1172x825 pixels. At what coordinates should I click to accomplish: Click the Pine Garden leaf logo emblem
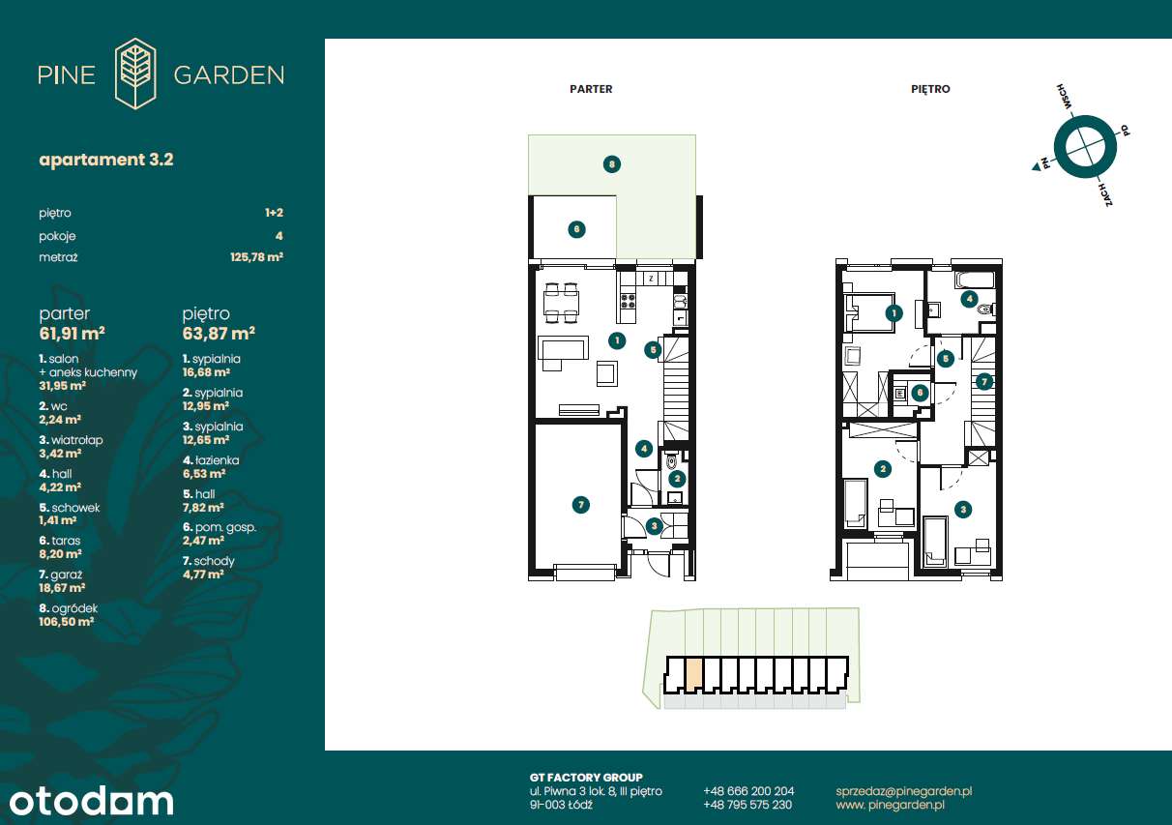[135, 74]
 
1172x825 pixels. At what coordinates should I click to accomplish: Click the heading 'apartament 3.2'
[106, 160]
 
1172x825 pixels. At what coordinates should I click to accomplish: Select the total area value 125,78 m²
[256, 257]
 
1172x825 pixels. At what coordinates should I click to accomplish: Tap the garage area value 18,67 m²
[62, 588]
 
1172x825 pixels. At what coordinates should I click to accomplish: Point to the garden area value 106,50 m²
[66, 622]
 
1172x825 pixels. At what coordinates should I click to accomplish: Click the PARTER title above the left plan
[591, 89]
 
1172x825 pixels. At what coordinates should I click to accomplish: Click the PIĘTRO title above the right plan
[930, 89]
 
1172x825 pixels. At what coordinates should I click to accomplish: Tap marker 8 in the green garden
[612, 164]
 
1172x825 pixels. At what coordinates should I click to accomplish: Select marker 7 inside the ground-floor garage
[581, 505]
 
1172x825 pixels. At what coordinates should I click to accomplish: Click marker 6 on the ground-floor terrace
[576, 229]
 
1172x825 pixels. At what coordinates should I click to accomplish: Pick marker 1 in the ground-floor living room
[617, 341]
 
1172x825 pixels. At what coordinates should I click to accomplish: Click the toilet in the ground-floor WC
[672, 461]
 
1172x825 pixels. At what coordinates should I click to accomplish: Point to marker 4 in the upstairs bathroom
[969, 299]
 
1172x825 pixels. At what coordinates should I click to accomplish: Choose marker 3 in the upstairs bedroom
[963, 509]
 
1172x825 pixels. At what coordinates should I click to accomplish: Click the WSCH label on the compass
[1065, 97]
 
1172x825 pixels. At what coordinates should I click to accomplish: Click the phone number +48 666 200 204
[748, 791]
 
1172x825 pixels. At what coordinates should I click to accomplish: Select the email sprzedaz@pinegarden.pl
[903, 791]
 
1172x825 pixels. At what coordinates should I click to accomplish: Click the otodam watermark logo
[91, 801]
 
